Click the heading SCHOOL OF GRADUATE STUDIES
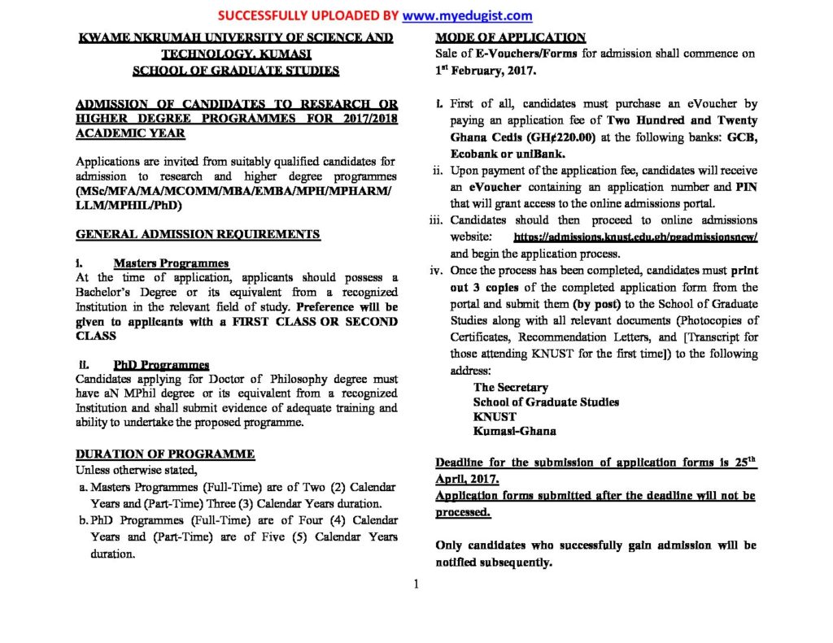235,71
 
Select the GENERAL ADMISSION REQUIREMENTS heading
198,234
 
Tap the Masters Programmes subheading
171,263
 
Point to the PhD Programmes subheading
161,365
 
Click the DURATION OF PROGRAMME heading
165,454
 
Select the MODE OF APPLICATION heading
510,37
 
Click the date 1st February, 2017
486,71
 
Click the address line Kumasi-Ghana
515,432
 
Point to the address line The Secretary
511,388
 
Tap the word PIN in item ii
746,186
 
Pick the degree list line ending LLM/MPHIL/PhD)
129,206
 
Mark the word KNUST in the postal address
495,417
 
